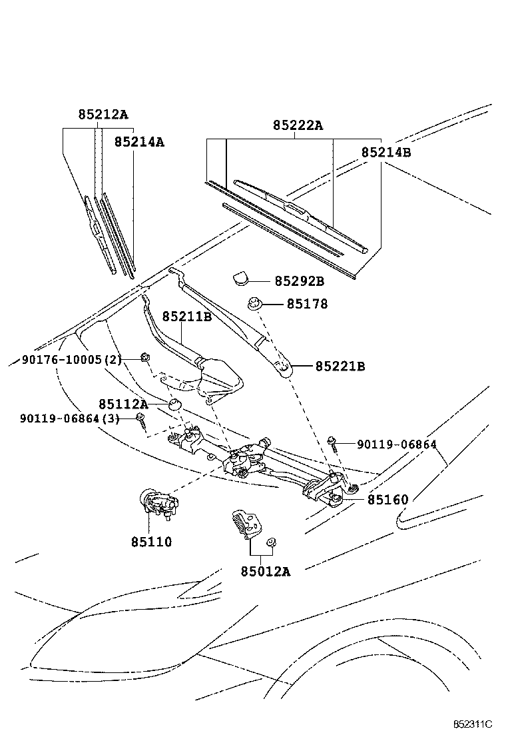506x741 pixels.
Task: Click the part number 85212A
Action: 103,114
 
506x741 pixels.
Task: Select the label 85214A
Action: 139,141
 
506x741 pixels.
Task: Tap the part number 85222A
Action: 297,125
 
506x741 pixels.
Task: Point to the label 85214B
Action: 386,152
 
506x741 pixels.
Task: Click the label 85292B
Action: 299,281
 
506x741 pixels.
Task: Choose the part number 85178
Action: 307,304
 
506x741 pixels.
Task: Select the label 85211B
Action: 186,317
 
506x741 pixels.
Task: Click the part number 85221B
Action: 340,366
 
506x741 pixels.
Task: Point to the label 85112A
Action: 123,404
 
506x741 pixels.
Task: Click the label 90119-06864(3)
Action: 69,418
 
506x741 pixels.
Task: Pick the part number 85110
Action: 151,542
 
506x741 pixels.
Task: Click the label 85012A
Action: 265,570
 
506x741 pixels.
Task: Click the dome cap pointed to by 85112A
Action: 175,406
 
